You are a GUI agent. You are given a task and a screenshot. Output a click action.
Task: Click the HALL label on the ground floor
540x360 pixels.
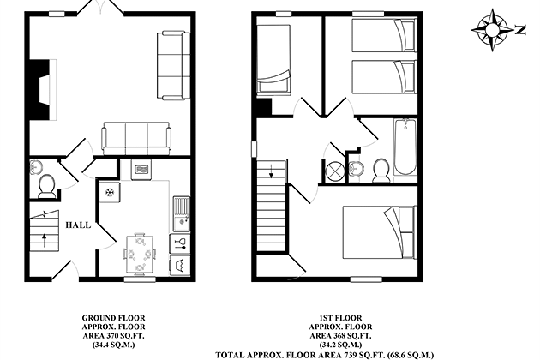tap(78, 225)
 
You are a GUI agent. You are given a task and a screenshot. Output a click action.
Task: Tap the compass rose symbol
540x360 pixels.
tap(492, 30)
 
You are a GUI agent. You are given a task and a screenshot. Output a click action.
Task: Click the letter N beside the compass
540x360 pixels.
tap(521, 30)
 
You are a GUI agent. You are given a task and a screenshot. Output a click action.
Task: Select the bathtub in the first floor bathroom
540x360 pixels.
tap(405, 147)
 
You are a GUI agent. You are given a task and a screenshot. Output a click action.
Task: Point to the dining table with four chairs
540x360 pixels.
tap(140, 255)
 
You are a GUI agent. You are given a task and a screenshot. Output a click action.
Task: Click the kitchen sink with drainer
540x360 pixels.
tap(181, 213)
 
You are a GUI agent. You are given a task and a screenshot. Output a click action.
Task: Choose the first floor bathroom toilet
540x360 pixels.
tap(381, 171)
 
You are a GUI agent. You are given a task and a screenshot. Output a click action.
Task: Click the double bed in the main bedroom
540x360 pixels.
tap(380, 231)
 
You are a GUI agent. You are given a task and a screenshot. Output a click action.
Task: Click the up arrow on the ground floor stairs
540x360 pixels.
tap(44, 241)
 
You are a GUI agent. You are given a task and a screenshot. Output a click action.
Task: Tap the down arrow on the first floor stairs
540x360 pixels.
tap(271, 171)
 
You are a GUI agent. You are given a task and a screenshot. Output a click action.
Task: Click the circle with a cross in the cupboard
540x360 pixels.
tap(335, 171)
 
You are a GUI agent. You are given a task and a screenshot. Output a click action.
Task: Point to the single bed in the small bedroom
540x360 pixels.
tap(273, 58)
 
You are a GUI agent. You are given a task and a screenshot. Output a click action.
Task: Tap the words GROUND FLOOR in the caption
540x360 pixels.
tap(114, 318)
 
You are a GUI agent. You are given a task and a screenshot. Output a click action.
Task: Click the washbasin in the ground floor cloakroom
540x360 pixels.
tap(36, 167)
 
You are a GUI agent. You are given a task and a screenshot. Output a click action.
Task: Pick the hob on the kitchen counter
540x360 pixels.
tap(110, 193)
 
